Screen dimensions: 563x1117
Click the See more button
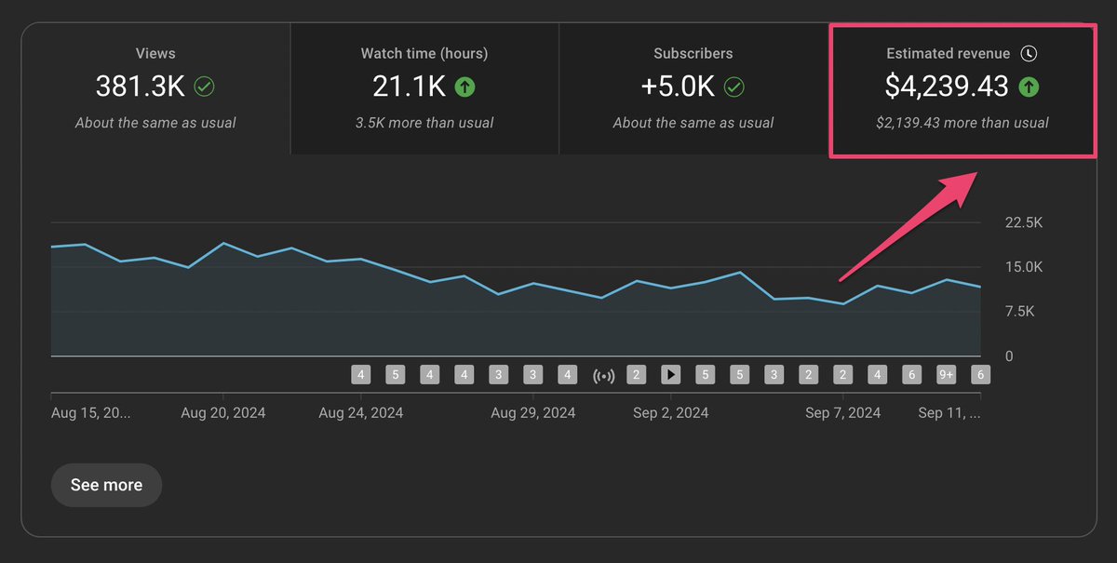pos(106,485)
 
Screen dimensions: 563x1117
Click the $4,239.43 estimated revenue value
pos(947,87)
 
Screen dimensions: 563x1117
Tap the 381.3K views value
pos(141,87)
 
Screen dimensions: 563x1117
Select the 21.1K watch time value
pos(409,87)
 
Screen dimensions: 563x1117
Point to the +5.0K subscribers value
pos(678,87)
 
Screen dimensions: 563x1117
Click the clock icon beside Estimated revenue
pos(1028,54)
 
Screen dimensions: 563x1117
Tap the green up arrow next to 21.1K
pos(464,87)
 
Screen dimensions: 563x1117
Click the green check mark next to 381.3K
pos(204,87)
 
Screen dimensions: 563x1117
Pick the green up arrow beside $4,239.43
pos(1029,87)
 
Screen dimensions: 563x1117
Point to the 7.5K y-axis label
pos(1018,311)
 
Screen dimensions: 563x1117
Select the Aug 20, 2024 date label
pos(223,412)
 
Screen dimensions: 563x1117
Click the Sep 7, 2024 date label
pos(842,412)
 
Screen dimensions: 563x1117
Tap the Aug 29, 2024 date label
pos(533,412)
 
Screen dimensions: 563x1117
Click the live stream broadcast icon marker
pos(603,375)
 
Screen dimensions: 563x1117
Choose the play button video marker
pos(670,375)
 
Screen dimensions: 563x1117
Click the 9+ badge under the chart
pos(946,375)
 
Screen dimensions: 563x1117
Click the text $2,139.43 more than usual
pos(962,123)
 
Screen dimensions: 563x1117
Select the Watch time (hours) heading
pos(424,54)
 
